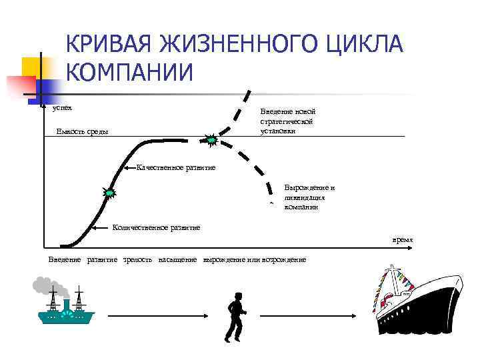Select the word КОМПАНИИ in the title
click(x=129, y=72)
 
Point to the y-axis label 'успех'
click(x=62, y=107)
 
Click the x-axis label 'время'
click(x=402, y=239)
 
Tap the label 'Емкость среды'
click(x=81, y=131)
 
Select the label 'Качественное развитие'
click(x=175, y=167)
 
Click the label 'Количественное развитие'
click(x=156, y=227)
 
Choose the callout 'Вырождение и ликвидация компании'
click(x=309, y=197)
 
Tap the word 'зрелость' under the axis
click(x=138, y=259)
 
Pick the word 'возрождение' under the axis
click(x=285, y=259)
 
